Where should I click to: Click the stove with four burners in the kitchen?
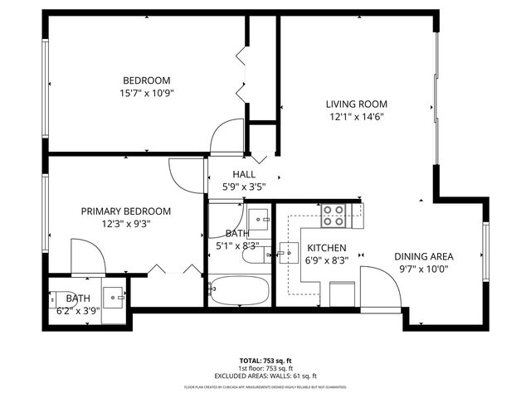(334, 216)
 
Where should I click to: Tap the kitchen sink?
(289, 252)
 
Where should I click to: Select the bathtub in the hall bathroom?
(239, 291)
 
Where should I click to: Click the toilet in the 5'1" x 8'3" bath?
(252, 255)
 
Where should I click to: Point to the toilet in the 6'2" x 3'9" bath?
(63, 297)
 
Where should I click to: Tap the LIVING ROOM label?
(356, 104)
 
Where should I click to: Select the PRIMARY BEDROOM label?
(125, 211)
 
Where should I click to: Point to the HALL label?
(244, 174)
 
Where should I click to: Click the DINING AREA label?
(423, 256)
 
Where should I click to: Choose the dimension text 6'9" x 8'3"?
(327, 261)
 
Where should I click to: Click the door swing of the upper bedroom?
(227, 137)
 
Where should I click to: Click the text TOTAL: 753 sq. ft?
(265, 361)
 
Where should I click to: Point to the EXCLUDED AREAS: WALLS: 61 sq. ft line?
(265, 376)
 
